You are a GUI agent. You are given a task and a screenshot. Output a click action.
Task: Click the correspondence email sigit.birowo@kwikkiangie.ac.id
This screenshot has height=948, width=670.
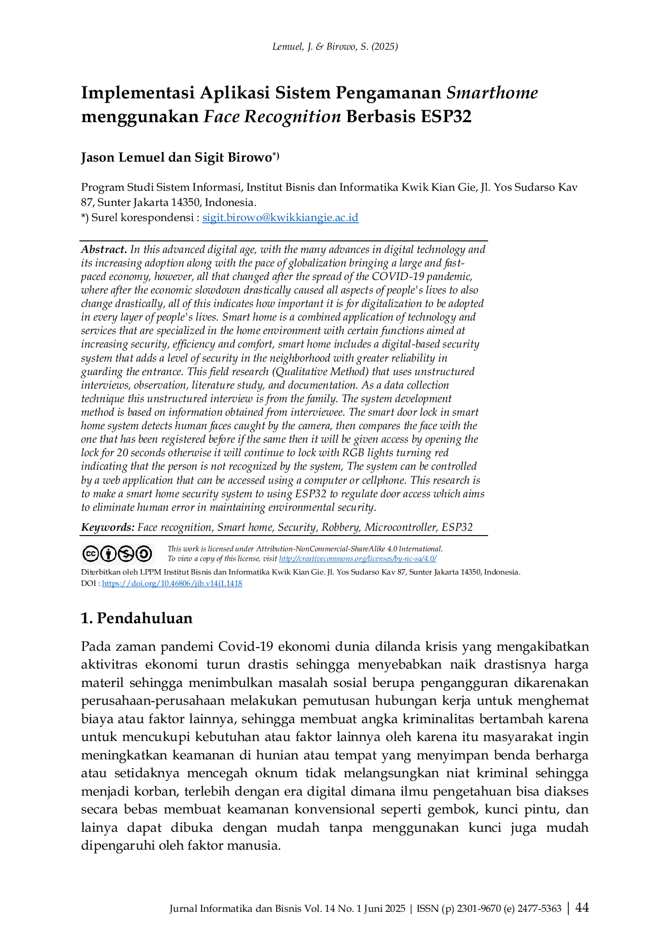click(x=280, y=218)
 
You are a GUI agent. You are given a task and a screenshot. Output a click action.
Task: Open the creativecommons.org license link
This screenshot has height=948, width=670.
click(x=358, y=559)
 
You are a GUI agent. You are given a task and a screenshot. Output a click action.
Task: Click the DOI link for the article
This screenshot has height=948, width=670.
click(x=172, y=584)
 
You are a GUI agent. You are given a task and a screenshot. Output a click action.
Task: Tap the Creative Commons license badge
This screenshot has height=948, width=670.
click(x=117, y=554)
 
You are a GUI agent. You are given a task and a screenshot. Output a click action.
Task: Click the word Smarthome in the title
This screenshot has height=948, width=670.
click(x=492, y=93)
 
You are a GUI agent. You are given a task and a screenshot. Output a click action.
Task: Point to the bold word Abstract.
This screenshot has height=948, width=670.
click(x=104, y=250)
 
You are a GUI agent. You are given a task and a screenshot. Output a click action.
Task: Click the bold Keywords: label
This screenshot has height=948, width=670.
click(x=108, y=528)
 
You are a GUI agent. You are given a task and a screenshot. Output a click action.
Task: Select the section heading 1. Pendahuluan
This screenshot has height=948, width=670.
click(x=137, y=618)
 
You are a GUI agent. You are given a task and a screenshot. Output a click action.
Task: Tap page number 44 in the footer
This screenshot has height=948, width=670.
click(x=582, y=907)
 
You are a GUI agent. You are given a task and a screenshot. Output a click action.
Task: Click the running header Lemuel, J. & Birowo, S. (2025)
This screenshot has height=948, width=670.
click(x=335, y=46)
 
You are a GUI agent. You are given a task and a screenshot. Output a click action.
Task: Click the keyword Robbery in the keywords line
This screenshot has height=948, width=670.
click(x=343, y=528)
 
